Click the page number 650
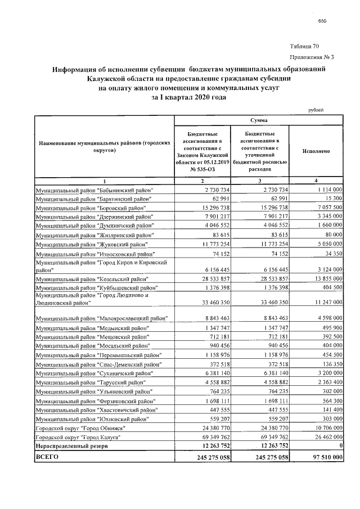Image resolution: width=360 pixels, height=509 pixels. pyautogui.click(x=322, y=21)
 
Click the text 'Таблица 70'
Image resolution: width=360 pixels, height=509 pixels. pyautogui.click(x=305, y=46)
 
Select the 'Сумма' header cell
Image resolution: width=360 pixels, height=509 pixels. pyautogui.click(x=259, y=121)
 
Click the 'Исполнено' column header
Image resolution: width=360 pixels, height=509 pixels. pyautogui.click(x=316, y=151)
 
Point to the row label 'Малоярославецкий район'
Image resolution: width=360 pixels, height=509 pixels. pyautogui.click(x=102, y=319)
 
